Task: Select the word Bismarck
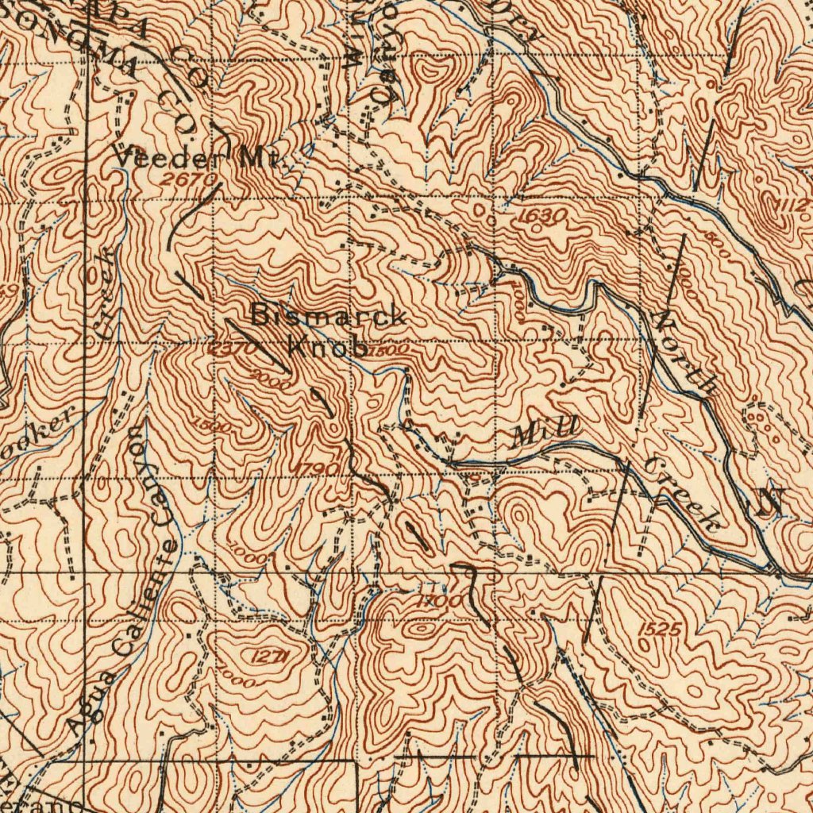coord(329,316)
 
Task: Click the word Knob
coord(326,347)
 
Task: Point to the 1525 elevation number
coord(659,630)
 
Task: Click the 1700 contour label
coord(440,603)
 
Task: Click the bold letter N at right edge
coord(769,503)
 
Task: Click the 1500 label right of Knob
coord(388,349)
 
